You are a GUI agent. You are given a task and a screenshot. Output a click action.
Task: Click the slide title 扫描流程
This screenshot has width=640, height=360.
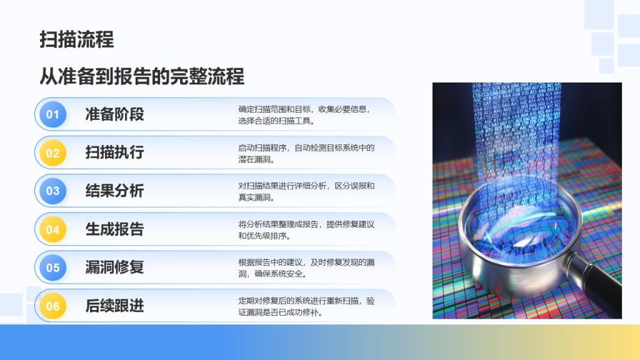[x=77, y=39]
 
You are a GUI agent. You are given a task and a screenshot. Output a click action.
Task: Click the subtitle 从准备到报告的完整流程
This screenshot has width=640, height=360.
[x=142, y=76]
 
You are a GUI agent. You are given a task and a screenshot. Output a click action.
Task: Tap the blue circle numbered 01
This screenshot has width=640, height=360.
[x=52, y=114]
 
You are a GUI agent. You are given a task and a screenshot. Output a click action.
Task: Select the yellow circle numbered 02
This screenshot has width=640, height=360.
[x=52, y=152]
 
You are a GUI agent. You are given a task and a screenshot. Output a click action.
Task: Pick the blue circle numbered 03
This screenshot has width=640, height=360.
[x=52, y=191]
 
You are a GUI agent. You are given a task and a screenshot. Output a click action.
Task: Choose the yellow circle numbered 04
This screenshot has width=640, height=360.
[x=52, y=229]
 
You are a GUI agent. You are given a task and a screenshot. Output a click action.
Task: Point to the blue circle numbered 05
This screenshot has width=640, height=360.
[x=52, y=267]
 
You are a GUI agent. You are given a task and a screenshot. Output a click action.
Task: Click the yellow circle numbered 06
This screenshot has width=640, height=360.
[x=52, y=306]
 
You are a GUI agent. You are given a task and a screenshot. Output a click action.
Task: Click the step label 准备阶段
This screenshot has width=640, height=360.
[x=115, y=114]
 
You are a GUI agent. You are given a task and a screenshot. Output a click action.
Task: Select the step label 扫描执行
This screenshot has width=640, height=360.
[x=115, y=152]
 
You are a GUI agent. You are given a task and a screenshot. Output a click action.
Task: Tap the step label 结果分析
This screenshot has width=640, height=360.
[x=115, y=191]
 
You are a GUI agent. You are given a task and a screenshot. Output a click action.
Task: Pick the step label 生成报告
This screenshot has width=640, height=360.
[x=115, y=229]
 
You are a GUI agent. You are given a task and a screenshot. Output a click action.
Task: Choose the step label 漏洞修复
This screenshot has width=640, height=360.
[x=115, y=267]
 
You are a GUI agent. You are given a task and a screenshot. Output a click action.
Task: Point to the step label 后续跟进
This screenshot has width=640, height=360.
[x=115, y=306]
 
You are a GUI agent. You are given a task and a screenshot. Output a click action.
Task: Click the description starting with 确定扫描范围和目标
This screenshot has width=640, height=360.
[x=304, y=115]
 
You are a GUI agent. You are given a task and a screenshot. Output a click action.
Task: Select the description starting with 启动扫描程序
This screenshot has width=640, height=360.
[x=306, y=154]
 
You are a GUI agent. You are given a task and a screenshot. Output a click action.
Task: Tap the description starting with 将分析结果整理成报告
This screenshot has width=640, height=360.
[x=306, y=230]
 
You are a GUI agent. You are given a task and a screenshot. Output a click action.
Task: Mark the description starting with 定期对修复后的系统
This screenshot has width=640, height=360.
[x=306, y=306]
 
